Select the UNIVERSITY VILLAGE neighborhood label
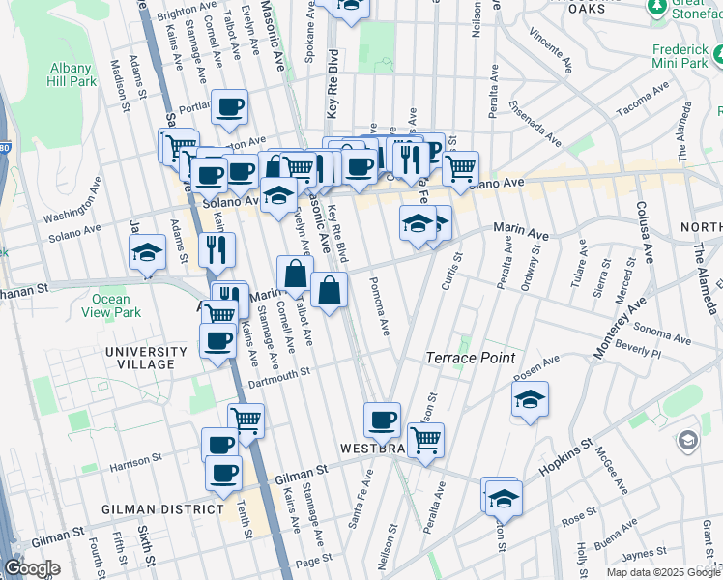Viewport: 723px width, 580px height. (x=146, y=358)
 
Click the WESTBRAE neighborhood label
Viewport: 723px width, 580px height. (x=370, y=449)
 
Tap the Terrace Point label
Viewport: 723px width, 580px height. (x=467, y=358)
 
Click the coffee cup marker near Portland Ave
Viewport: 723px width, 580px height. (x=229, y=107)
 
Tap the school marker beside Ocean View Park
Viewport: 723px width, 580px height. (x=147, y=253)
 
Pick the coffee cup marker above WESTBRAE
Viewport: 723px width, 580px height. (x=382, y=420)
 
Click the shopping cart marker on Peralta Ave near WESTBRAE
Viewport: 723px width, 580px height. (x=425, y=440)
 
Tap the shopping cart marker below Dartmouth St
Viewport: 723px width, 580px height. (x=246, y=421)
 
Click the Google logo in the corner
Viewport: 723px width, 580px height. (x=31, y=568)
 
